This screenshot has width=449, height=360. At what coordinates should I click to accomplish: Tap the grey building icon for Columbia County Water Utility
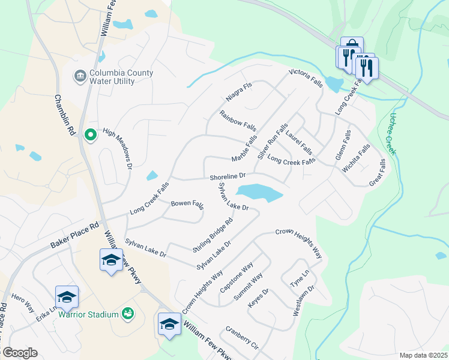click(x=79, y=77)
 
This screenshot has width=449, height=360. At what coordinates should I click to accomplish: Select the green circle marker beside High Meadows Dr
click(x=91, y=135)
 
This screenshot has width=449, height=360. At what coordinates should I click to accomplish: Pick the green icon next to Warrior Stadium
click(x=127, y=313)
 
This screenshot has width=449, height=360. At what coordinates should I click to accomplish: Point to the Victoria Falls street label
click(x=306, y=79)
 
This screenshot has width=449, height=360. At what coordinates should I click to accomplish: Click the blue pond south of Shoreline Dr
click(x=259, y=193)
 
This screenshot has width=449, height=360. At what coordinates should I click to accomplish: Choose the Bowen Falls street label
click(x=187, y=205)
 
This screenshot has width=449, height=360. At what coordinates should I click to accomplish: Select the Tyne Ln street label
click(x=298, y=278)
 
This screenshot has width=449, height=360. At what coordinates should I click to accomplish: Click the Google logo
click(x=20, y=353)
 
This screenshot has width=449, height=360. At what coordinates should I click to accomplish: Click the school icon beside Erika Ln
click(x=67, y=296)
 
